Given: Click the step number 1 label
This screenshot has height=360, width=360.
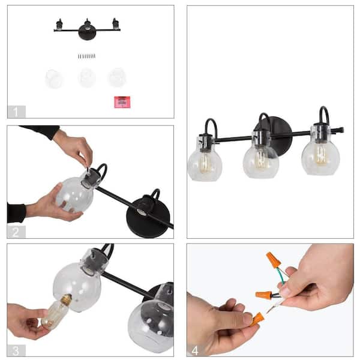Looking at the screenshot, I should coord(16,111).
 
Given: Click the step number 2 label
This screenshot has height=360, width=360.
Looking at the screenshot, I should coord(16,231).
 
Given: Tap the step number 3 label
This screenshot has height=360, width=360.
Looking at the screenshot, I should coord(16,349).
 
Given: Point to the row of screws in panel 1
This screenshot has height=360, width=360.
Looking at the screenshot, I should coord(87,56).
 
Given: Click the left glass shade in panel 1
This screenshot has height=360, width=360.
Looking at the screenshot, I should coord(55,78).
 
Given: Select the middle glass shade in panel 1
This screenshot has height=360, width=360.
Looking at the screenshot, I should coord(87,77).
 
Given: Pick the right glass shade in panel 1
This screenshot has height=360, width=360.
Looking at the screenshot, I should coord(116,77).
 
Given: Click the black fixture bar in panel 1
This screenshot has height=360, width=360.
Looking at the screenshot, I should coord(87,28).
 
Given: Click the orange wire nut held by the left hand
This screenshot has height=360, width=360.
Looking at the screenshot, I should coord(257,318).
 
